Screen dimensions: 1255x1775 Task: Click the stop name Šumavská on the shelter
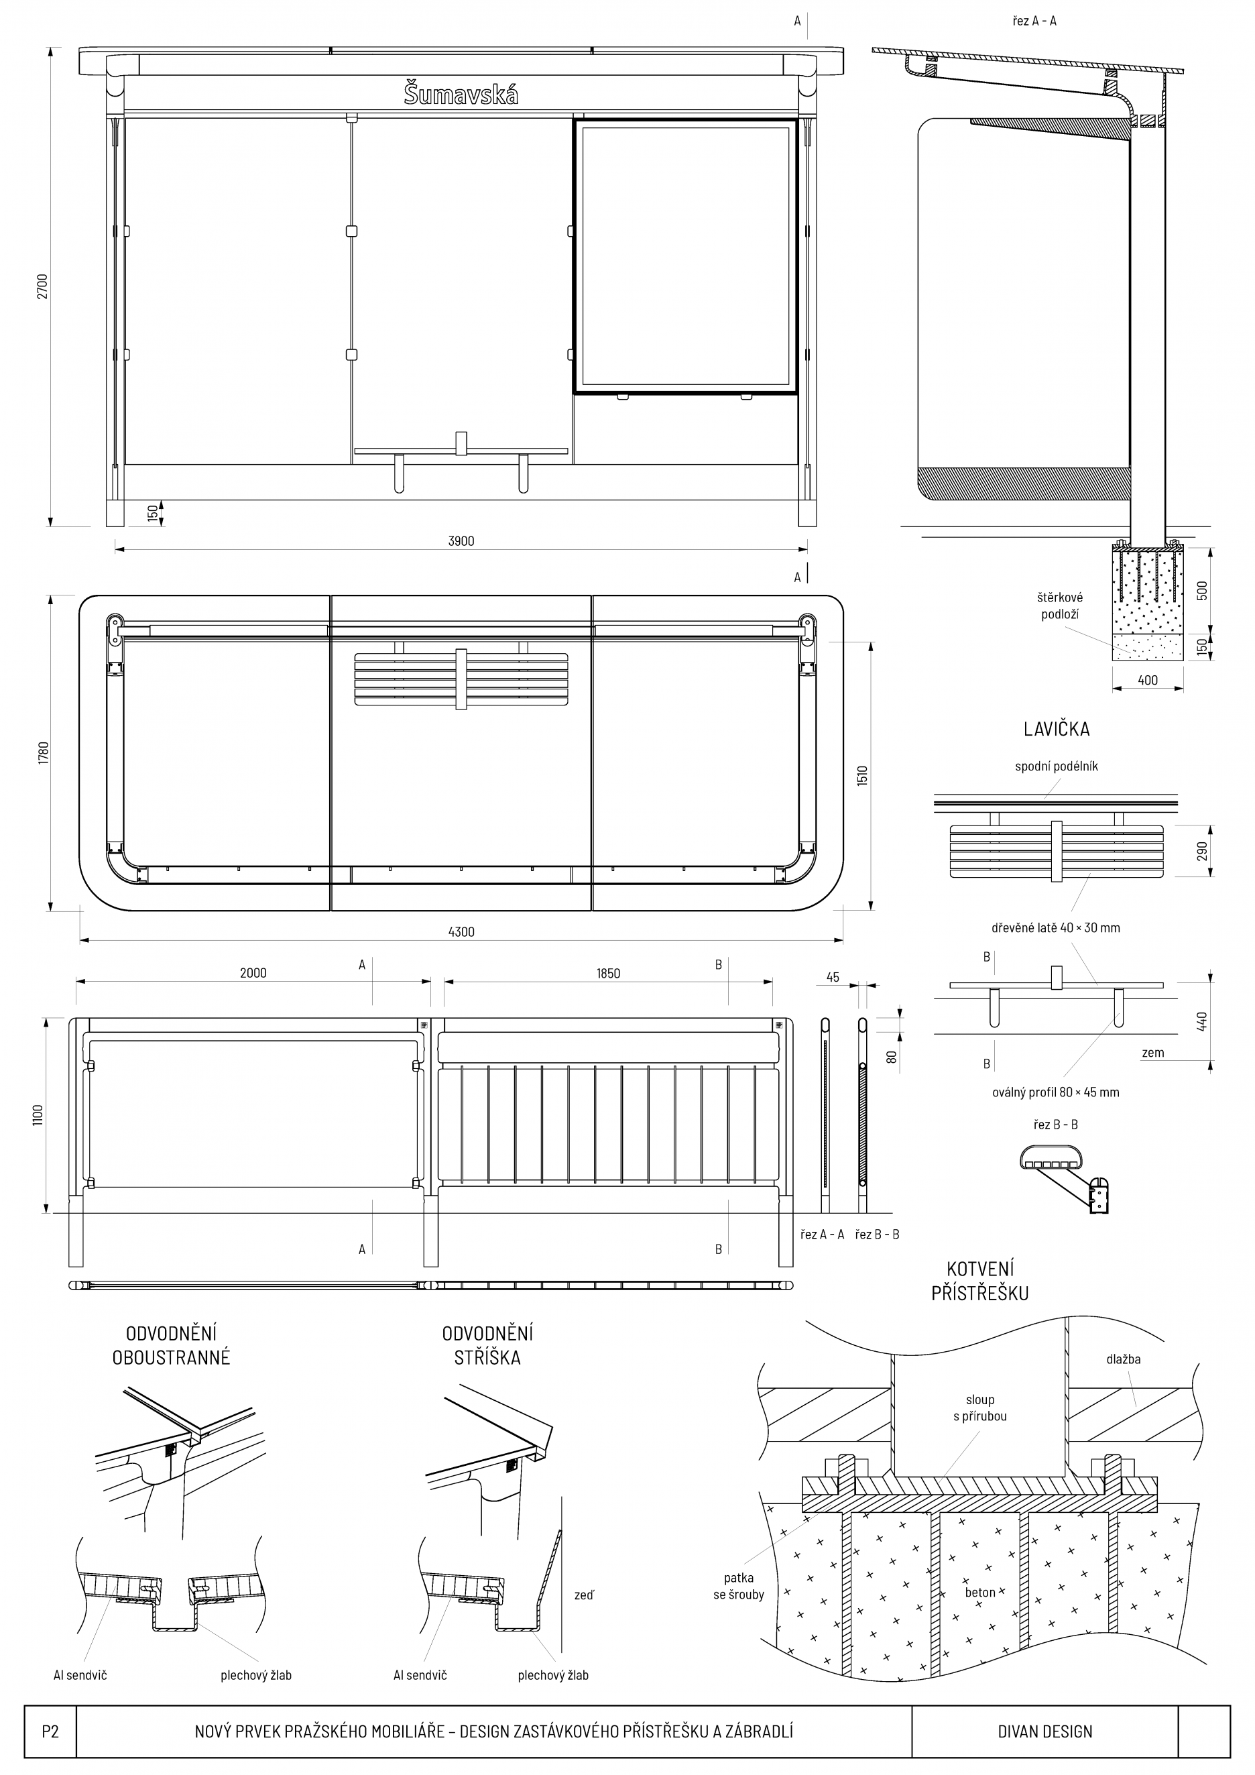(461, 95)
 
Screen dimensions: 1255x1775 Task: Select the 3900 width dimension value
(461, 541)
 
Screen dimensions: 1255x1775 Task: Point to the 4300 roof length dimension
(461, 931)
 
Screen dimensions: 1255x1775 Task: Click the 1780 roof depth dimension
(44, 754)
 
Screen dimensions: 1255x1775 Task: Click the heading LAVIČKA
(1057, 728)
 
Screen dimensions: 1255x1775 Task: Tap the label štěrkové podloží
(1061, 606)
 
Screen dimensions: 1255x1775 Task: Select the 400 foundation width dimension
(1148, 681)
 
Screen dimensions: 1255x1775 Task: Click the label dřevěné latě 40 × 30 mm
(1056, 927)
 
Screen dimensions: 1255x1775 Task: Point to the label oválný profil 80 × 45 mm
(1056, 1092)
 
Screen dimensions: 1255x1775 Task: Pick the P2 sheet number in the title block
(50, 1731)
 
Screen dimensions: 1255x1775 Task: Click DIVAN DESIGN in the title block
(1044, 1731)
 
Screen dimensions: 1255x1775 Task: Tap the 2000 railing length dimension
(253, 973)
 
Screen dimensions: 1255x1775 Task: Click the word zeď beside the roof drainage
(584, 1595)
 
